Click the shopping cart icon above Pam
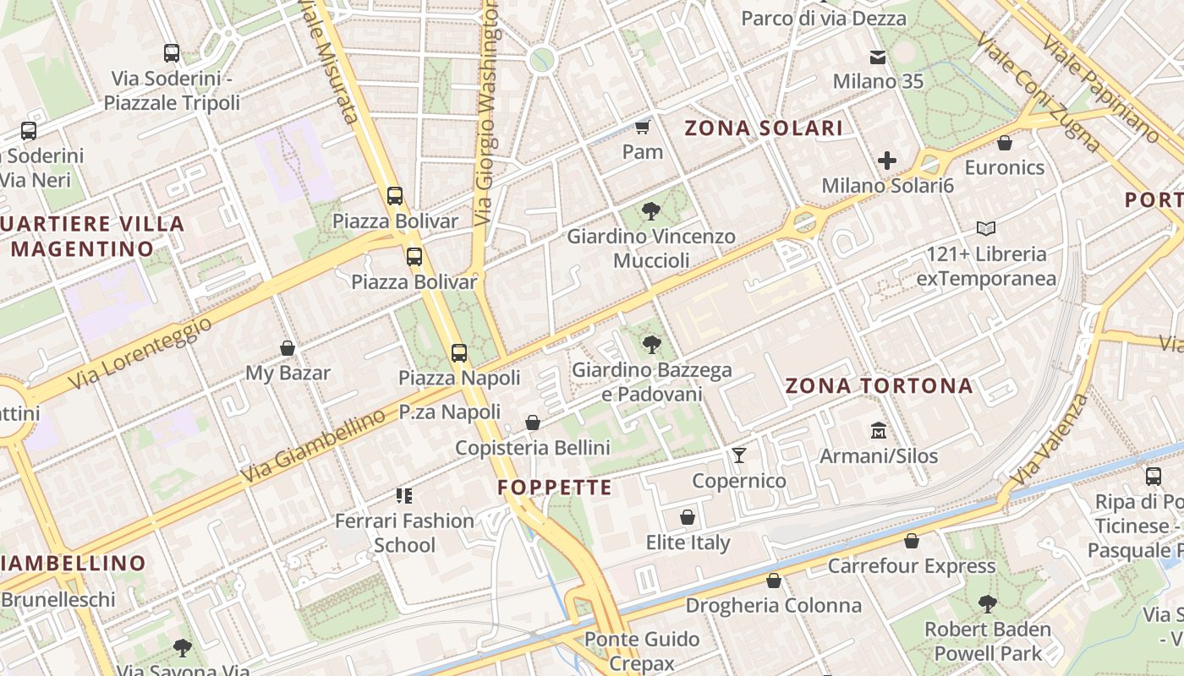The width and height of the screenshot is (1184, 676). point(642,128)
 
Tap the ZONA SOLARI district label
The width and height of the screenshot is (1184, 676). point(763,128)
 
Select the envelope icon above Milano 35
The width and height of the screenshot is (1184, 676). point(878,57)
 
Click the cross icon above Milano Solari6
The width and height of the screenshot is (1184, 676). point(887,160)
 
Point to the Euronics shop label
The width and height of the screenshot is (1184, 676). point(1005,167)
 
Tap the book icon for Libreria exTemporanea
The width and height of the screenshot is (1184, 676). point(985,228)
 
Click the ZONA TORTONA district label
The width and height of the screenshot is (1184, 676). point(880,386)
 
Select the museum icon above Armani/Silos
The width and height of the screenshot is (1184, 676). point(879,431)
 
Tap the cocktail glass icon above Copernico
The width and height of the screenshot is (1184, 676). point(739,455)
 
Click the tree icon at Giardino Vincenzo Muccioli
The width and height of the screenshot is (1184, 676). point(650,211)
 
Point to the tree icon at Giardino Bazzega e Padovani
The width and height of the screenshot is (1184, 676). point(651,344)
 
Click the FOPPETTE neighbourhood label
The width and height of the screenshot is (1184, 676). point(555,488)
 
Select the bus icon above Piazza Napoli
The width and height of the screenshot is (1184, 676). point(459,353)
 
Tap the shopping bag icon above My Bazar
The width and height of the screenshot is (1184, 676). point(288,348)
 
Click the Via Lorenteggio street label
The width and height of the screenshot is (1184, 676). point(139,353)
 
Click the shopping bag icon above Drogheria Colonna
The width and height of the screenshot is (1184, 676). point(773,581)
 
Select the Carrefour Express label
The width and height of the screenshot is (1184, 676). point(912,565)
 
